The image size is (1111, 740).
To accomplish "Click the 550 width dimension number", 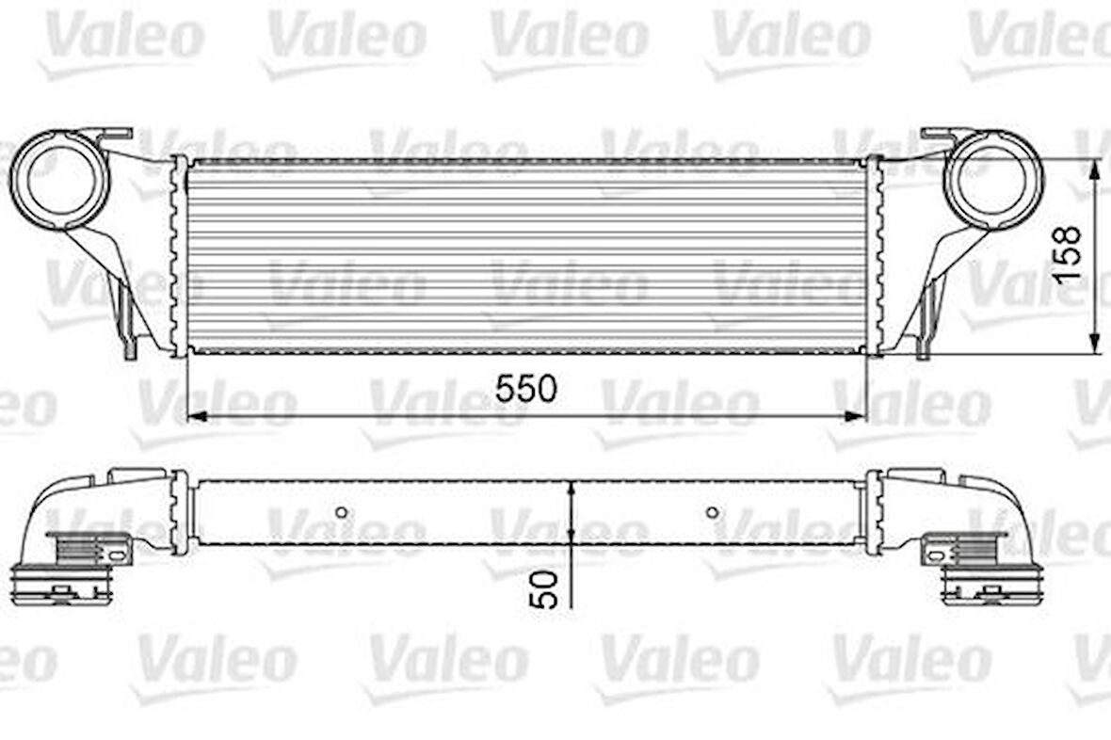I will [527, 388].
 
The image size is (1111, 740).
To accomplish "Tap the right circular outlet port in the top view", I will [994, 179].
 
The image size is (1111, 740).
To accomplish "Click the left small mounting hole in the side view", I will [342, 513].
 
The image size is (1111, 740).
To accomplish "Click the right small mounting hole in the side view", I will [713, 513].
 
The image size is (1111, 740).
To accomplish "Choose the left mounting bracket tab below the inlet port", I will [129, 320].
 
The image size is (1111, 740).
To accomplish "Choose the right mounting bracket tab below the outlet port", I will [926, 320].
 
